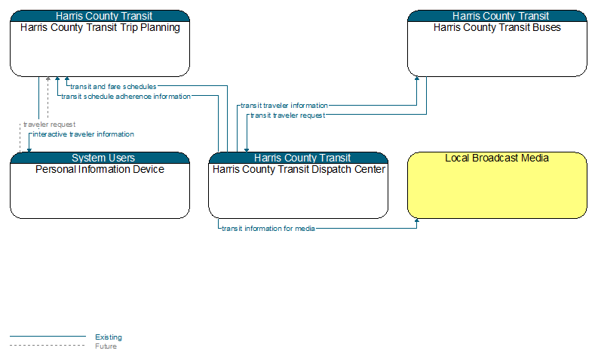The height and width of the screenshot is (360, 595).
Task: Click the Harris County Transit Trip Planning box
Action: (x=100, y=43)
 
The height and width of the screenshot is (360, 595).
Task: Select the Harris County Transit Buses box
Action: (x=497, y=43)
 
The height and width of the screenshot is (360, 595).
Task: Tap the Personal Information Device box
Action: (x=100, y=186)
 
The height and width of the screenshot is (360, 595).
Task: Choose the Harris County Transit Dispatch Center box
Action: (x=299, y=186)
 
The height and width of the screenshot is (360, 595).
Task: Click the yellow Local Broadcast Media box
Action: (x=497, y=186)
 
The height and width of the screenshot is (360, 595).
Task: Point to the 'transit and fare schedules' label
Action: (x=113, y=87)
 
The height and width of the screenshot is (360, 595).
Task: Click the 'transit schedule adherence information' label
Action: (x=126, y=97)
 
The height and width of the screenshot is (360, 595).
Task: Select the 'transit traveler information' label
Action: (x=284, y=106)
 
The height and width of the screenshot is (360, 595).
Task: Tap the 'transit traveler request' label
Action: (x=288, y=115)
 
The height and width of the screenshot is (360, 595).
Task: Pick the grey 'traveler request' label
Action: (x=49, y=125)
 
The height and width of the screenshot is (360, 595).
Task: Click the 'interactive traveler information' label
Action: (x=84, y=134)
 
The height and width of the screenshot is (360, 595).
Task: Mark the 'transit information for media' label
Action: (x=268, y=229)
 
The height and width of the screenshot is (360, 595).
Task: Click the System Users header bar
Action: (x=100, y=158)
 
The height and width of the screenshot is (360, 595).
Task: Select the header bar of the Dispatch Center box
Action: (x=299, y=158)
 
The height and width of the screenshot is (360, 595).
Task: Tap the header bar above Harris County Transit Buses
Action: (x=497, y=16)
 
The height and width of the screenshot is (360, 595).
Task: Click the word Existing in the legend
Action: (x=109, y=337)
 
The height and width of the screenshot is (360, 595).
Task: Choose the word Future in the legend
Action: (x=106, y=346)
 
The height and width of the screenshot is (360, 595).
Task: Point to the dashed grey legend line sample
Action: (x=48, y=346)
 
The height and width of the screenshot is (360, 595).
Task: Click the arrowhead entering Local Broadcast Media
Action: (x=417, y=220)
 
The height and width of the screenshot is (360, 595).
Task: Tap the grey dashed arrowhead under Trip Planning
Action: (x=48, y=79)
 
